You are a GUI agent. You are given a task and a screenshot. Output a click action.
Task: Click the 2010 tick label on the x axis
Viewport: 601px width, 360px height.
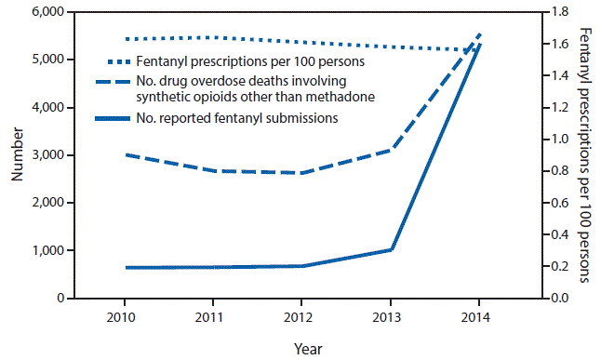(126, 316)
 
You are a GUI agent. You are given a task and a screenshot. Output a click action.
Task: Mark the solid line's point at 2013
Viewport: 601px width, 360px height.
(391, 250)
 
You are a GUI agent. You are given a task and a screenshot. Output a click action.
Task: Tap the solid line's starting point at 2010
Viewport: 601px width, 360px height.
(126, 268)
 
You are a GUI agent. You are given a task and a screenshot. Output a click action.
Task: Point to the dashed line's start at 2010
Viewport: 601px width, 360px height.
(126, 154)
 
